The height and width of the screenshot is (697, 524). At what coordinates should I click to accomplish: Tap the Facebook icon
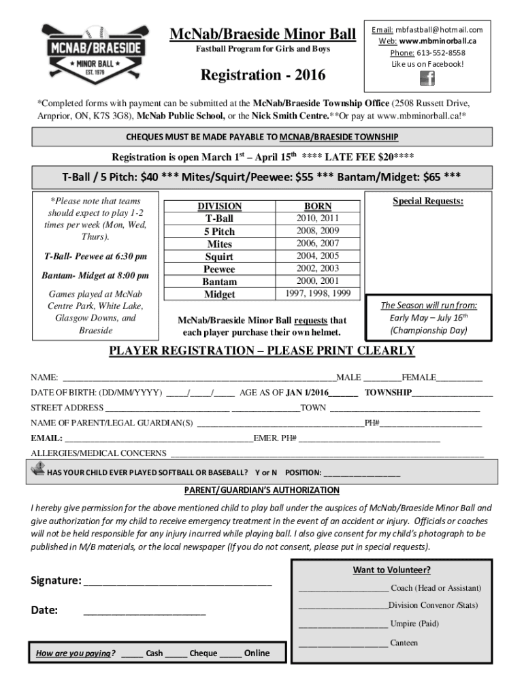pos(427,78)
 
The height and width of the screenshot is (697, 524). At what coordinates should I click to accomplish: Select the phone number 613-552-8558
pos(441,52)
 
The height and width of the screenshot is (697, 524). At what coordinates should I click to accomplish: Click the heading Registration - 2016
pos(262,75)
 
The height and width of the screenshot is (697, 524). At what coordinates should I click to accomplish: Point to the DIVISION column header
pos(219,206)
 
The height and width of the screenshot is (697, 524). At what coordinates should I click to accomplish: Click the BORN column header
pos(318,206)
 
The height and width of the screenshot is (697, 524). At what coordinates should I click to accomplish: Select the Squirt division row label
pos(219,257)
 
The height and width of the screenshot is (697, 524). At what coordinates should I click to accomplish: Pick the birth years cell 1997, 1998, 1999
pos(318,293)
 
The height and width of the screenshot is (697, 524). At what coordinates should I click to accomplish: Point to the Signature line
pos(177,583)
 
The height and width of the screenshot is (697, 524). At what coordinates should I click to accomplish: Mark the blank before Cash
pos(133,654)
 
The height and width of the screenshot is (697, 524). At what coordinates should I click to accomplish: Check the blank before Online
pos(231,654)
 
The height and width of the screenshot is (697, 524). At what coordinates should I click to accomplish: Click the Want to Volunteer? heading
pos(391,570)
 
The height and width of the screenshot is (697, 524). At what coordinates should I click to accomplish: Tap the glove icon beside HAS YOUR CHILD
pos(38,468)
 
